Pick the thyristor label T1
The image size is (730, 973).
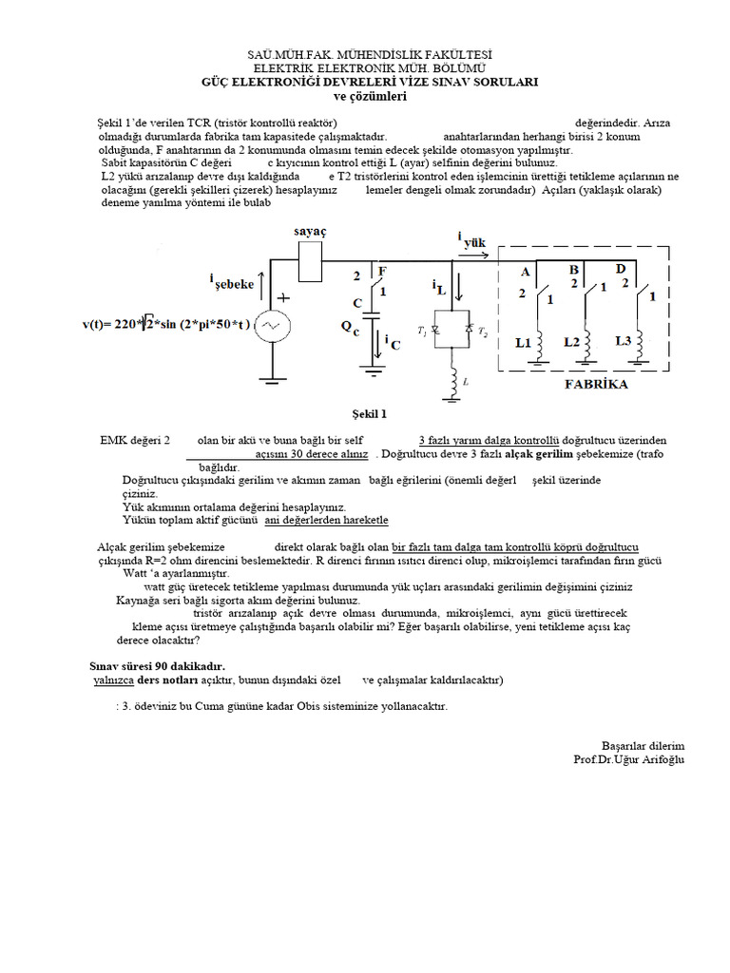(x=421, y=330)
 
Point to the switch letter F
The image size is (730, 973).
(x=382, y=271)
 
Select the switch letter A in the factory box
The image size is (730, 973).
(x=525, y=272)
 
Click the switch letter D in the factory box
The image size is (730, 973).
(x=620, y=269)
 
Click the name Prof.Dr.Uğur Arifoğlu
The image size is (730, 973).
(x=628, y=759)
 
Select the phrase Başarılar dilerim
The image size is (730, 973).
(x=643, y=746)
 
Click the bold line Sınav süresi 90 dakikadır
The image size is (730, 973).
(x=157, y=667)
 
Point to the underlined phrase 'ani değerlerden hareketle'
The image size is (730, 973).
(x=326, y=521)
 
